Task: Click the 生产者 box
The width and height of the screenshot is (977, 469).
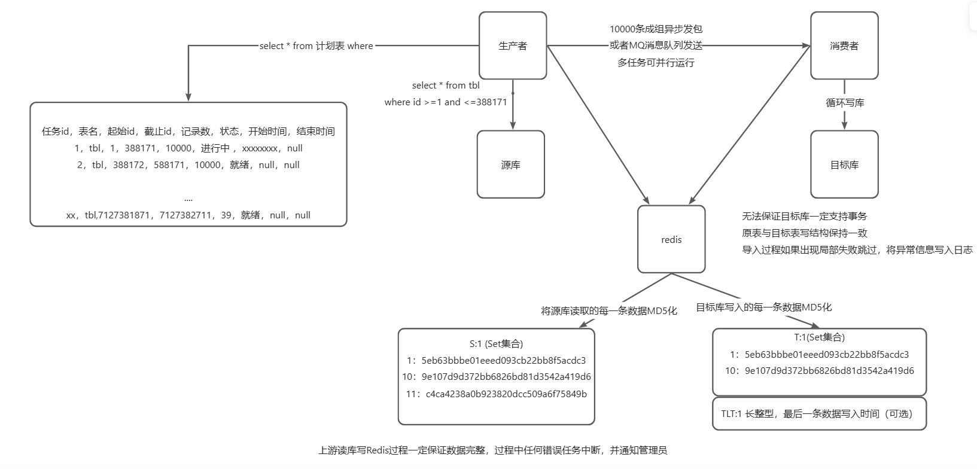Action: [x=513, y=45]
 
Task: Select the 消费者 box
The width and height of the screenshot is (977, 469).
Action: [x=844, y=45]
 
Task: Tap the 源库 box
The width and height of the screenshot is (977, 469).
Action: [x=510, y=165]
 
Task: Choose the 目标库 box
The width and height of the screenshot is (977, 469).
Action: [x=844, y=165]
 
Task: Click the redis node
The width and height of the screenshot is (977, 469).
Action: [x=671, y=239]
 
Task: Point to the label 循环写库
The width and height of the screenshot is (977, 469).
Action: [x=845, y=103]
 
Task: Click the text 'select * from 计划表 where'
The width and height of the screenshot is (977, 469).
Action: [x=316, y=46]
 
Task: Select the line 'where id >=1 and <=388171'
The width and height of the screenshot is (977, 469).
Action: [x=446, y=102]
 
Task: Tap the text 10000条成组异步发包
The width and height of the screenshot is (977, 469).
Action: [x=656, y=29]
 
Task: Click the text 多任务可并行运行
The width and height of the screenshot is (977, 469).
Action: [x=656, y=62]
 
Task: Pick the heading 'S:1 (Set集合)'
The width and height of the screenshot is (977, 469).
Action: [x=496, y=343]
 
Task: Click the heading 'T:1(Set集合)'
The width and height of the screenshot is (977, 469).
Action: [x=819, y=337]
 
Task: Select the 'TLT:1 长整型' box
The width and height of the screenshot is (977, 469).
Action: [x=819, y=413]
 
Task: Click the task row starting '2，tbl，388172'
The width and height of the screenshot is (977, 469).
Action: [x=188, y=165]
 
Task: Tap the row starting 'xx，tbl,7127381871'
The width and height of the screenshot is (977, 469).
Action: [x=188, y=215]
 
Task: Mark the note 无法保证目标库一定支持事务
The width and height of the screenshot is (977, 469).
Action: [x=804, y=217]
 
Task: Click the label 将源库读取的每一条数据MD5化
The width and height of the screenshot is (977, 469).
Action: [x=609, y=310]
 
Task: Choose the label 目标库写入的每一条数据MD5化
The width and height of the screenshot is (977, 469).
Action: [x=763, y=307]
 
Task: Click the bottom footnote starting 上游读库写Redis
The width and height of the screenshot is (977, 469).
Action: [x=492, y=450]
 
